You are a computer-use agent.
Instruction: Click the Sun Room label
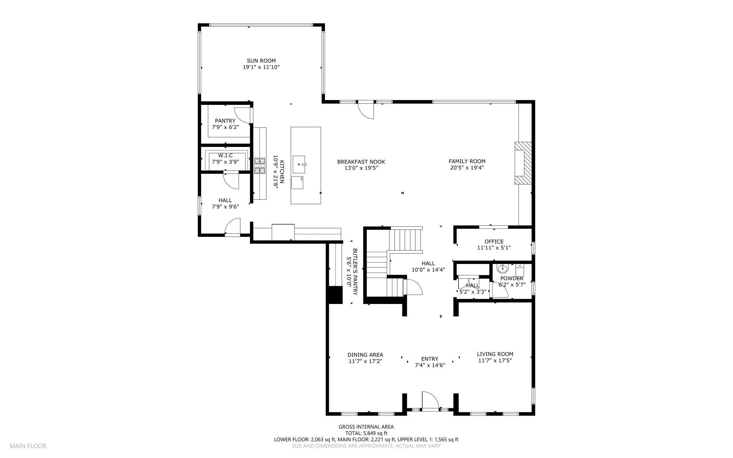[261, 61]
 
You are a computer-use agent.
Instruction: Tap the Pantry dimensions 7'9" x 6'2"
[225, 127]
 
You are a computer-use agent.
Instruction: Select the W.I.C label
[225, 155]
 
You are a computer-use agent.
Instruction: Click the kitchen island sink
[299, 164]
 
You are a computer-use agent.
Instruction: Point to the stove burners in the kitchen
[260, 166]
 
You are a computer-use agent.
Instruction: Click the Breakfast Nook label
[361, 162]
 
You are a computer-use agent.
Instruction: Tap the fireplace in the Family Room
[523, 163]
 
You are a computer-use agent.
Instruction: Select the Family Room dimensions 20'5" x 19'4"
[467, 168]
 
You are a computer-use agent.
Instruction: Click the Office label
[494, 242]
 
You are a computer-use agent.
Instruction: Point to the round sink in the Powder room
[503, 269]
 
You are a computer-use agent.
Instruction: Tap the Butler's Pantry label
[355, 272]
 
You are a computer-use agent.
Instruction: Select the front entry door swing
[431, 400]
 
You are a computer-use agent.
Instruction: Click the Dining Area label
[365, 355]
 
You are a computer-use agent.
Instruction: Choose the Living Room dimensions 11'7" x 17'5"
[495, 361]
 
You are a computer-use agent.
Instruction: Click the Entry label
[430, 359]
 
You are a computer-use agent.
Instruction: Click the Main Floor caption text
[28, 446]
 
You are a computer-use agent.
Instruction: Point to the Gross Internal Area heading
[366, 427]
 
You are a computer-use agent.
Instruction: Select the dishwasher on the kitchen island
[297, 182]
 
